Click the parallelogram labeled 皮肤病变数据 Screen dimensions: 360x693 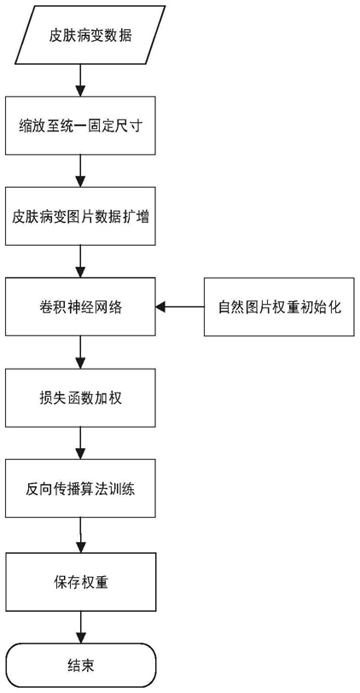pyautogui.click(x=90, y=35)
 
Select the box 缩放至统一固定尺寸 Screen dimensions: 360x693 pyautogui.click(x=80, y=126)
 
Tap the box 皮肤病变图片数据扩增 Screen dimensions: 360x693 pyautogui.click(x=80, y=216)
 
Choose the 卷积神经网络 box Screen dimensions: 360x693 pyautogui.click(x=80, y=307)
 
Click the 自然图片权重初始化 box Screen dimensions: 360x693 pyautogui.click(x=279, y=307)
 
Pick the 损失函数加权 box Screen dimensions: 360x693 pyautogui.click(x=80, y=398)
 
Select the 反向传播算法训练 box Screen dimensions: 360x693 pyautogui.click(x=80, y=488)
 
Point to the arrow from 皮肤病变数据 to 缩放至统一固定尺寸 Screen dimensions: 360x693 pyautogui.click(x=80, y=80)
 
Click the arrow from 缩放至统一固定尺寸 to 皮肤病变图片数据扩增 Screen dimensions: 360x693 pyautogui.click(x=80, y=171)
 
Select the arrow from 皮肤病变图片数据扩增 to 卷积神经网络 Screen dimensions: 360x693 pyautogui.click(x=80, y=262)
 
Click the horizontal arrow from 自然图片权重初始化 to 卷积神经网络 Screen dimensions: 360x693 pyautogui.click(x=180, y=307)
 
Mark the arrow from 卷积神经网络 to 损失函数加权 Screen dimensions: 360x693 pyautogui.click(x=80, y=352)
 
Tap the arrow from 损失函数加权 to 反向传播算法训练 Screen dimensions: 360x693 pyautogui.click(x=80, y=443)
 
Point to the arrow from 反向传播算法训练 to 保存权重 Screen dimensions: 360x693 pyautogui.click(x=80, y=536)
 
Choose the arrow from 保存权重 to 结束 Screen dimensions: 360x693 pyautogui.click(x=80, y=628)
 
